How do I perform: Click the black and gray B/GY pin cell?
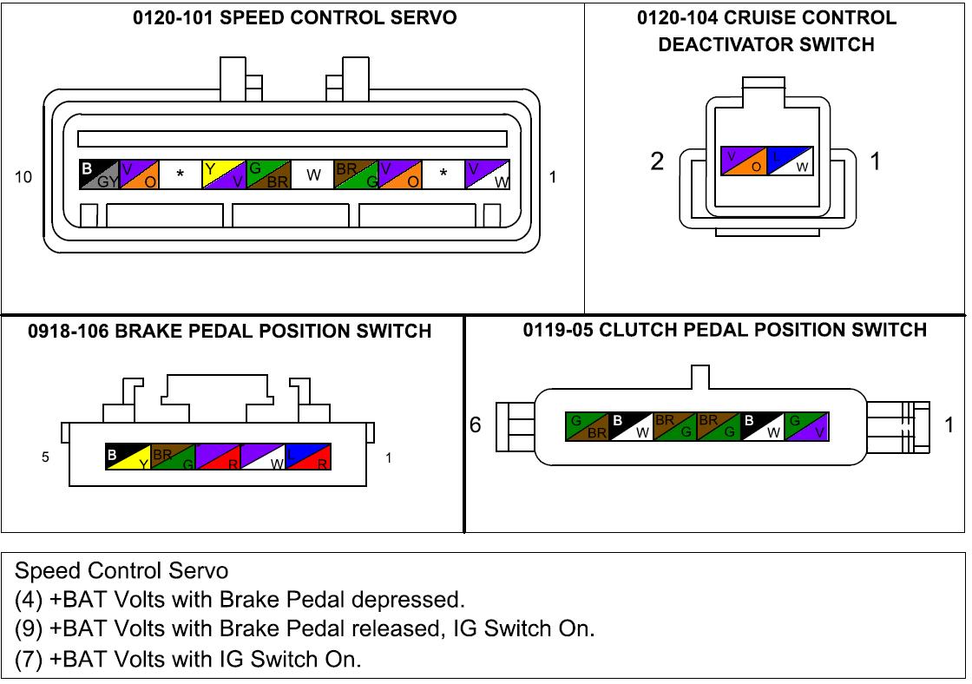tap(97, 174)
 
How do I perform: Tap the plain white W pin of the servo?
tap(312, 174)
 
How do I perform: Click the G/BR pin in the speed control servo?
tap(268, 174)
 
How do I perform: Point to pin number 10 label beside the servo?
tap(23, 177)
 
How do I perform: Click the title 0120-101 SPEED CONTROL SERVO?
tap(294, 18)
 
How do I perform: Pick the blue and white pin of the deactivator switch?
tap(790, 161)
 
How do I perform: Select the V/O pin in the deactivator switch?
tap(744, 161)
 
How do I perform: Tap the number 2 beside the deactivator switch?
tap(658, 161)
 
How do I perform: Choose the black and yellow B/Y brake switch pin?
tap(127, 457)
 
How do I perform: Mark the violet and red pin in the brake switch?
tap(218, 457)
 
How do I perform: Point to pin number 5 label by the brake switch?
tap(45, 457)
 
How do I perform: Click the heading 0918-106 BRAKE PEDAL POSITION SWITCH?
tap(229, 331)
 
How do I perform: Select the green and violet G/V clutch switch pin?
tap(806, 425)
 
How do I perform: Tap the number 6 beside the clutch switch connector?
tap(476, 425)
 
